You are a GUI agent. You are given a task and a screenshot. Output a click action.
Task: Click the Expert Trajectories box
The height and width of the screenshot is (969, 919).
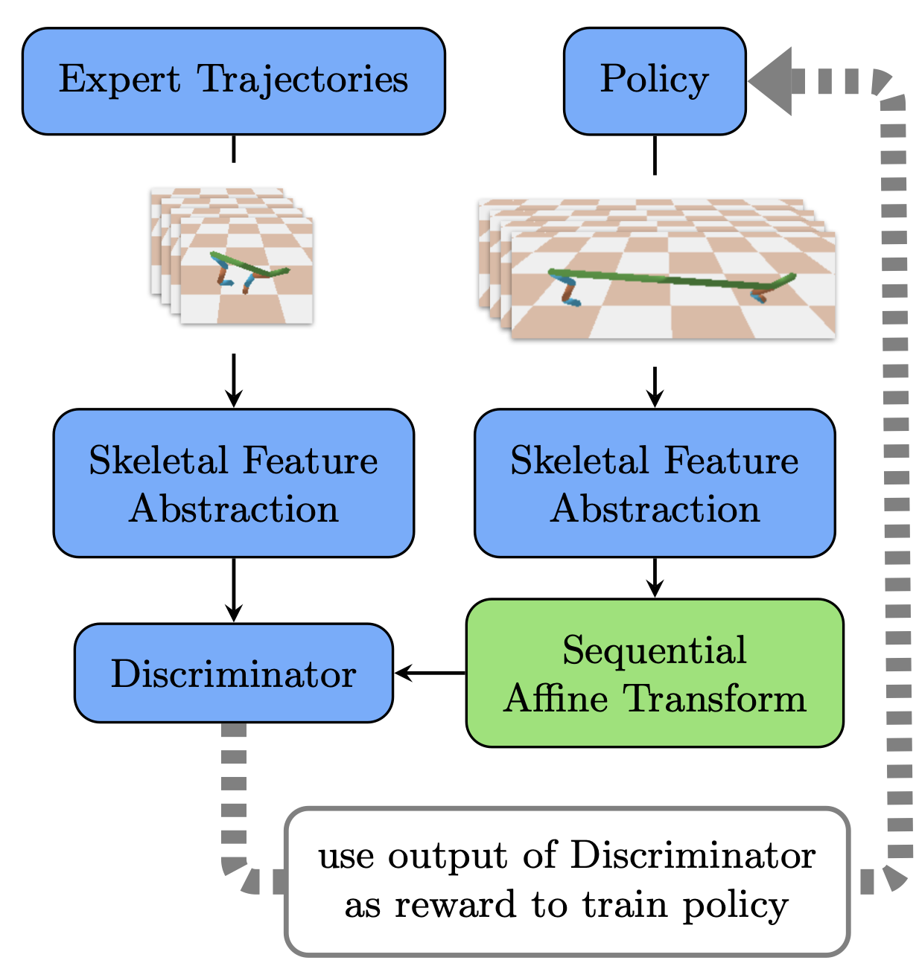pos(233,81)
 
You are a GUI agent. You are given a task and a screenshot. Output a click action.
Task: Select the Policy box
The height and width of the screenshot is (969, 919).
pos(654,81)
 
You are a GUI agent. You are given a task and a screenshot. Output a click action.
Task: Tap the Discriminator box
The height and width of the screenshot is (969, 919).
pos(233,673)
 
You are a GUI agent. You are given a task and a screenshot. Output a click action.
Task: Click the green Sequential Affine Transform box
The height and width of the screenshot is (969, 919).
pos(654,673)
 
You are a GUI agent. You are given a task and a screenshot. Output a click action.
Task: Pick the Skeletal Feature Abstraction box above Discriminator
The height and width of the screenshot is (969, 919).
pos(233,483)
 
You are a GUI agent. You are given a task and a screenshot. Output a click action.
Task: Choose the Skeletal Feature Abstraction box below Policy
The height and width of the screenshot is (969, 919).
pos(654,483)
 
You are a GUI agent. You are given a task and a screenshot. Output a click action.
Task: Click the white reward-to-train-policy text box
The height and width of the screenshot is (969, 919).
pos(567,881)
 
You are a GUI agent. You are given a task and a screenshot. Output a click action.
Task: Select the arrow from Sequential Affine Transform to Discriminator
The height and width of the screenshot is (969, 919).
pos(430,674)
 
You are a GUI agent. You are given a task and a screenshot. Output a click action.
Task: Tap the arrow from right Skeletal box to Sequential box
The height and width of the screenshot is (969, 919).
pos(655,578)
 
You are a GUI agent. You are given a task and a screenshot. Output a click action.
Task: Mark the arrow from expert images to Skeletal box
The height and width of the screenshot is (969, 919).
pos(234,380)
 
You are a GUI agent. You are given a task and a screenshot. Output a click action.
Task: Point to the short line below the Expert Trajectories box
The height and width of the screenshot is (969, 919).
pos(234,149)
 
